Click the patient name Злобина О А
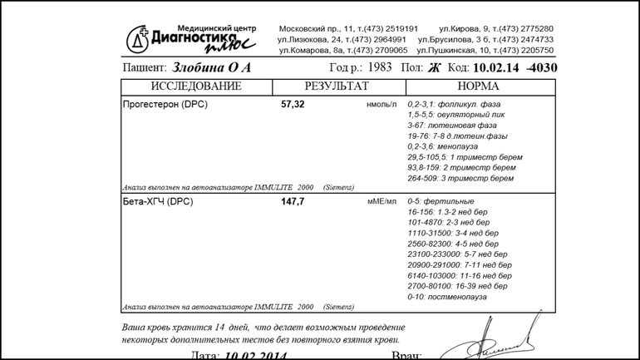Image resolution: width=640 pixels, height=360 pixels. coord(211,67)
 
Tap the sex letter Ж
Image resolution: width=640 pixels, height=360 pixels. coord(434,68)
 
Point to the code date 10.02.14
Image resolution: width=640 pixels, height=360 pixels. coord(496,68)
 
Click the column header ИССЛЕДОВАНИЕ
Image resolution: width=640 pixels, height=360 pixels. coord(196,86)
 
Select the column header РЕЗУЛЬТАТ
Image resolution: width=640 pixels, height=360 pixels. coord(336,86)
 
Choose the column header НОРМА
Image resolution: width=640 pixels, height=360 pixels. coord(479,86)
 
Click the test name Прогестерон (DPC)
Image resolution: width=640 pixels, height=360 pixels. coord(165,105)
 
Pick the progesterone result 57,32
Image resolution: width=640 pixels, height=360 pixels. coord(293,105)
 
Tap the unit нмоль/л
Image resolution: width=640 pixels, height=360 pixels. coord(381,105)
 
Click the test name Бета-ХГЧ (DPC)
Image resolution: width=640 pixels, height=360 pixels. coord(158,202)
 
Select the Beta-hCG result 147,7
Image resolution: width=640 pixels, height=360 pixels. coord(293,202)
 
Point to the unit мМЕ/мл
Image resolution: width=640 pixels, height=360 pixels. coord(382,202)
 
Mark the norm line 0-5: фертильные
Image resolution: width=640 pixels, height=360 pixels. coord(441,201)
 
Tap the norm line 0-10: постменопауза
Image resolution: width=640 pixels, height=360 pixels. coord(447,297)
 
